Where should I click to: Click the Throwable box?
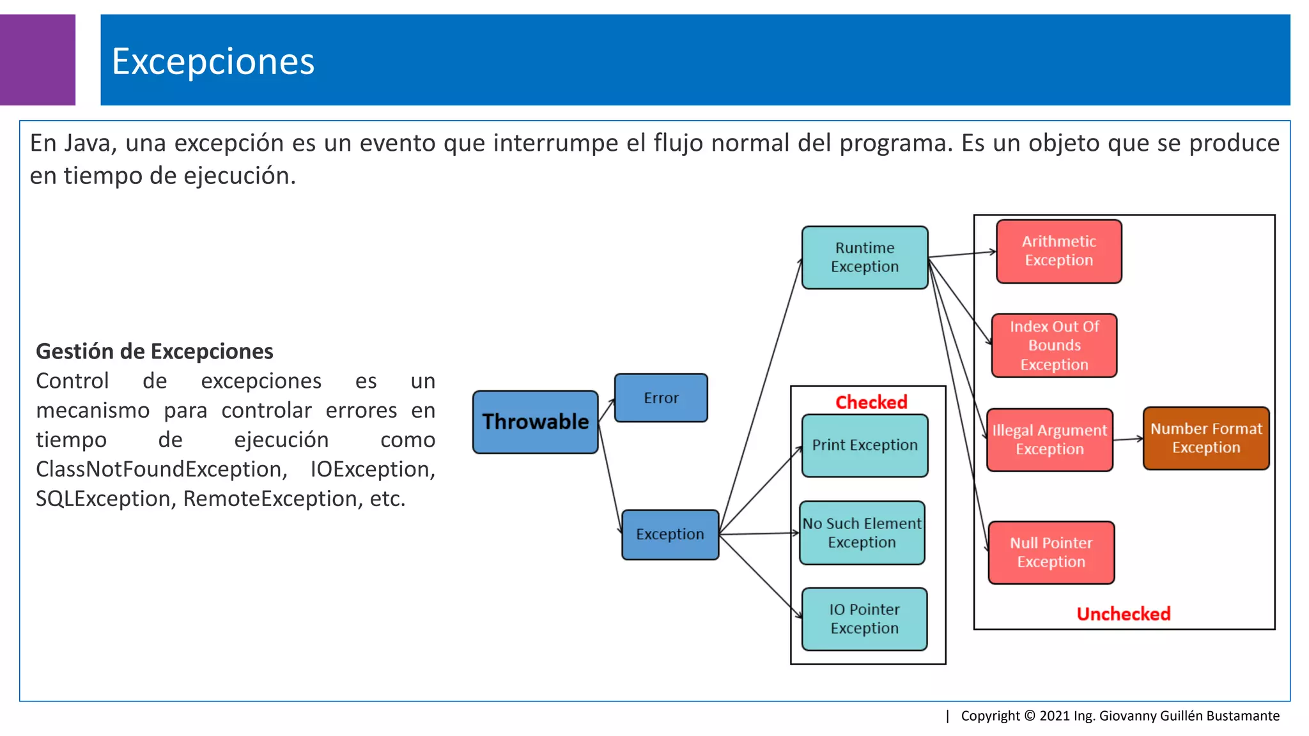point(535,422)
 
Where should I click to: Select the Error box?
point(661,398)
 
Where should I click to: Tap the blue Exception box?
point(670,535)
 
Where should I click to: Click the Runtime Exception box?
point(864,257)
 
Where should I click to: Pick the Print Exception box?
point(864,445)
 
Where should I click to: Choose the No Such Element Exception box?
point(862,533)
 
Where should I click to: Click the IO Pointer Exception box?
point(864,619)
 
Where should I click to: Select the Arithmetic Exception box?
point(1058,251)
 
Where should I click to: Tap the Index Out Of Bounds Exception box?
point(1054,346)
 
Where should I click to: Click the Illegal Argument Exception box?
point(1050,440)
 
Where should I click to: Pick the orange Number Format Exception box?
point(1205,438)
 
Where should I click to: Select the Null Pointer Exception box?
point(1051,553)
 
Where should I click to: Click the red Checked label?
point(871,402)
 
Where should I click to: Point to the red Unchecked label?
point(1123,614)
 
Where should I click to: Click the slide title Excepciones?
point(213,62)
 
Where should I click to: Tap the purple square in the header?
point(37,59)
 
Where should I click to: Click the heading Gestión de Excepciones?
point(154,351)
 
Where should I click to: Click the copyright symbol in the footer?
point(1029,716)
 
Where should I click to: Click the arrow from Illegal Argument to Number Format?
point(1128,439)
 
